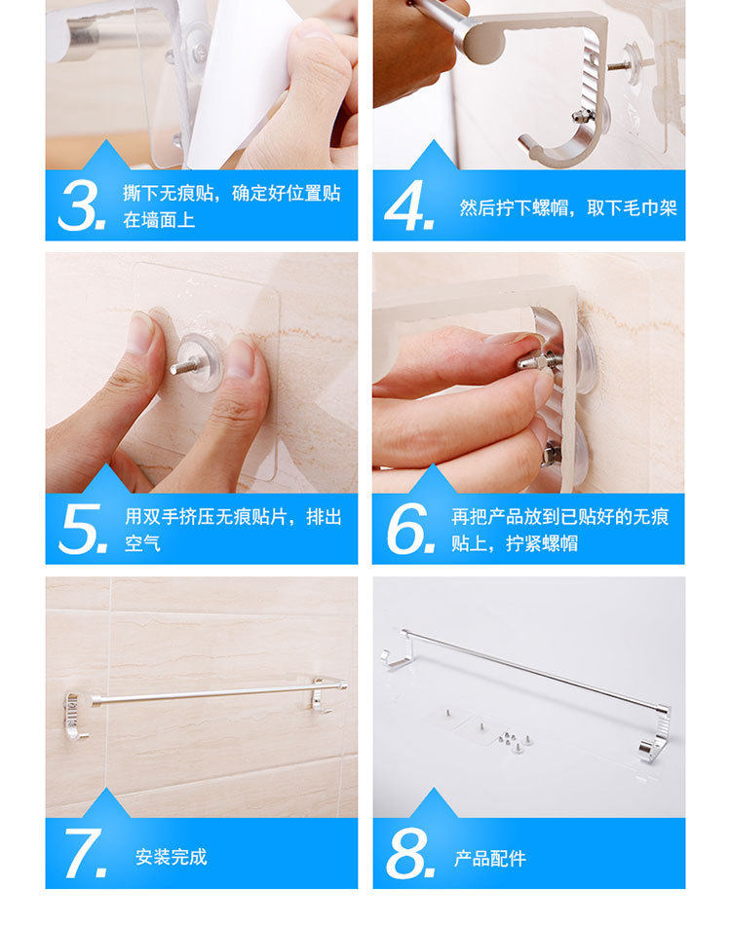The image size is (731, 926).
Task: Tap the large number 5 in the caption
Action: coord(83,529)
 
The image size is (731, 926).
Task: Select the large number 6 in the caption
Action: coord(409,529)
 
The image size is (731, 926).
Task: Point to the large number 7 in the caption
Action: coord(85,853)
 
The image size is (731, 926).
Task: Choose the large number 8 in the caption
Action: coord(410,853)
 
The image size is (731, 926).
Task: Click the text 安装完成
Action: coord(172,857)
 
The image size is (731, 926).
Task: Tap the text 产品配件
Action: coord(490,858)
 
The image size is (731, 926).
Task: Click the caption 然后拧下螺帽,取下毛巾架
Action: coord(568,207)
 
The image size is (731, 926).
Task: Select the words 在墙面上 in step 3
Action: coord(159,220)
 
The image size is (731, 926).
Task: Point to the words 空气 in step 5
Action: coord(142,542)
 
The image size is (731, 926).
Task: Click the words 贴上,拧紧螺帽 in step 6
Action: coord(514,542)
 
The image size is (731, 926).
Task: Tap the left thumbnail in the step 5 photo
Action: coord(140,333)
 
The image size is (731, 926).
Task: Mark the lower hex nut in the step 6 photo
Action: coord(551,453)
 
